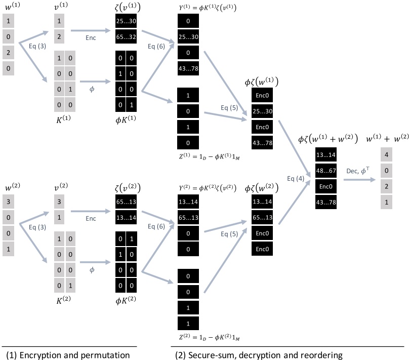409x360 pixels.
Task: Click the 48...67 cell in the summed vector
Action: click(324, 172)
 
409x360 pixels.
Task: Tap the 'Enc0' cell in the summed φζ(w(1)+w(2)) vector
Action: click(324, 187)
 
